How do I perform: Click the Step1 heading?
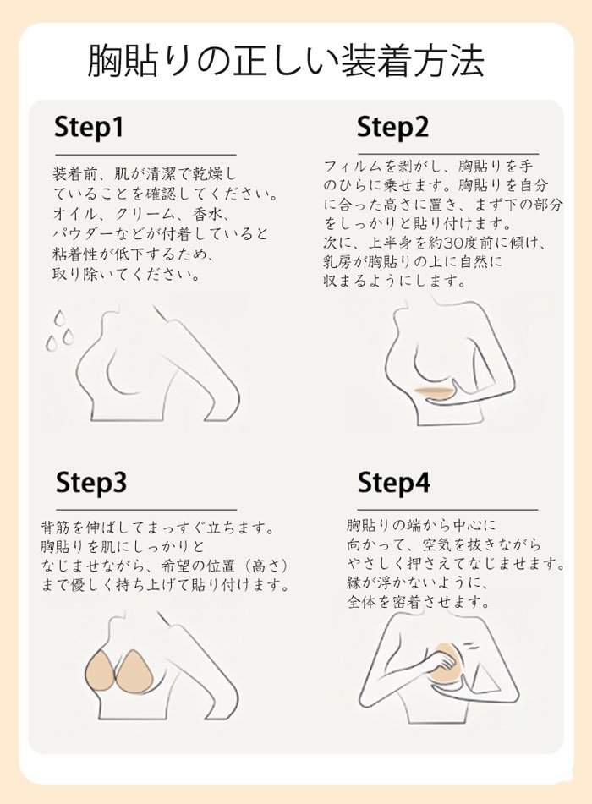(89, 127)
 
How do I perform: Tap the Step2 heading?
(392, 127)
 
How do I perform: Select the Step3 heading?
(90, 483)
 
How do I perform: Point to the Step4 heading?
(393, 483)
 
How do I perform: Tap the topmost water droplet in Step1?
(60, 317)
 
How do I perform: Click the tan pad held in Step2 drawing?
(434, 392)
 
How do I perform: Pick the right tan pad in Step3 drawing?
(134, 670)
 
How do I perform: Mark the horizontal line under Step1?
(145, 154)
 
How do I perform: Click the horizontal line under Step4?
(448, 510)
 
